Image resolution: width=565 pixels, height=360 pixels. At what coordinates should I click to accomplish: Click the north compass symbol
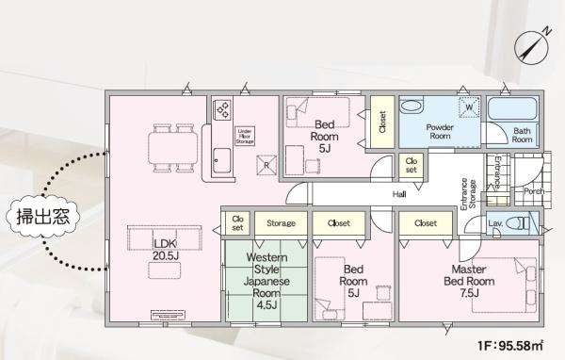[x=532, y=47]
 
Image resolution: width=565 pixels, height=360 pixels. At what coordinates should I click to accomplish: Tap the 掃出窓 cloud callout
[x=43, y=216]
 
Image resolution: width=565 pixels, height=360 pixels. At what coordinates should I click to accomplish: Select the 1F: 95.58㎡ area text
[x=510, y=346]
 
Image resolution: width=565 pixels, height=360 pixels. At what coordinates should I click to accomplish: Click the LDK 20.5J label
[x=166, y=250]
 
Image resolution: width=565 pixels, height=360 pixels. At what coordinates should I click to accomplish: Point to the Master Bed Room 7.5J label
[x=469, y=281]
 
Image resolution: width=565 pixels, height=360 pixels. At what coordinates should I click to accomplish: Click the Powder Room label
[x=440, y=132]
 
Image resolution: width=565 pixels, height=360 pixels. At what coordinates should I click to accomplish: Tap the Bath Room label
[x=522, y=135]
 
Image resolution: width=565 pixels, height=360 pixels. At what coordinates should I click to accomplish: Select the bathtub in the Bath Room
[x=512, y=108]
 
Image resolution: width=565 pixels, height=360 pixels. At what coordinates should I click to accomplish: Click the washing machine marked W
[x=469, y=107]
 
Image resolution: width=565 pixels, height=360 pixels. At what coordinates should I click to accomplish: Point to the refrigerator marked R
[x=266, y=165]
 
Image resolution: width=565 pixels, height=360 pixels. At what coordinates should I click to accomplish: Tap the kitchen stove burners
[x=222, y=109]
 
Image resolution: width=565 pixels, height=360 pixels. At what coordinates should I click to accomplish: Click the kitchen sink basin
[x=221, y=160]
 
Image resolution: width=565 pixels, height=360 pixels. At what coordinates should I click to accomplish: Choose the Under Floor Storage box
[x=245, y=137]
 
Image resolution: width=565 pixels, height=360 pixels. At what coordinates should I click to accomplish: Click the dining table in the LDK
[x=173, y=148]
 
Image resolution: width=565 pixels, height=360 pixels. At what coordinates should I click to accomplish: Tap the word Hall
[x=399, y=194]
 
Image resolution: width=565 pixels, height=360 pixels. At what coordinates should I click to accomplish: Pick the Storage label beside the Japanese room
[x=281, y=223]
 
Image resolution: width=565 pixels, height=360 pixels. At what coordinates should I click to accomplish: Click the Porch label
[x=533, y=191]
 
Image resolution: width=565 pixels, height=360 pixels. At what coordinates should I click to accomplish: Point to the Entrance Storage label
[x=468, y=194]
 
